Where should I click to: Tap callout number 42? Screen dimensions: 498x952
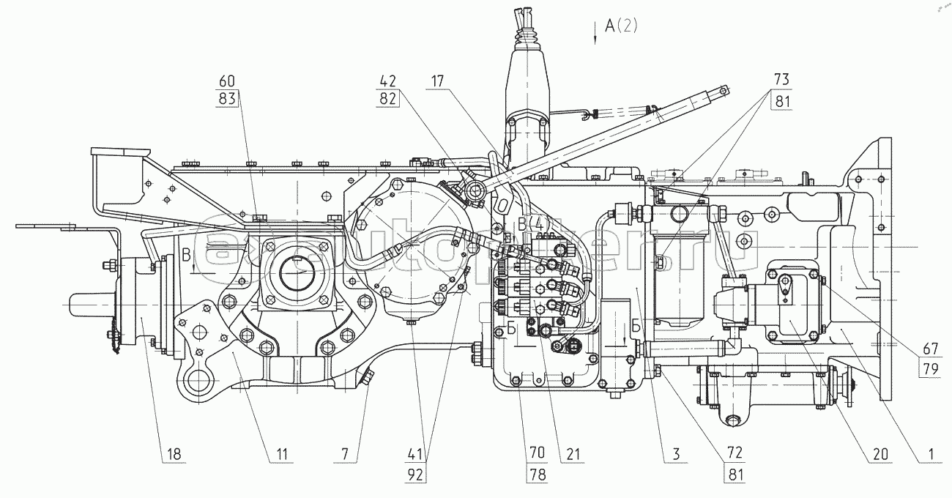click(387, 81)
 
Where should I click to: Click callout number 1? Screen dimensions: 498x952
click(930, 454)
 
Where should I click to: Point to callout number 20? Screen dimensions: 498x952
click(880, 454)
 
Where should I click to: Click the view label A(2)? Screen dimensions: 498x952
click(621, 27)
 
